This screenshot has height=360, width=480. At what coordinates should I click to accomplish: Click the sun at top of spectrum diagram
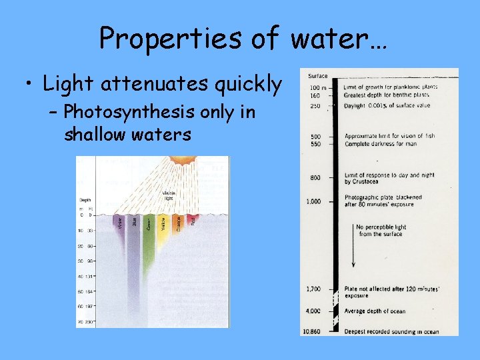coord(180,161)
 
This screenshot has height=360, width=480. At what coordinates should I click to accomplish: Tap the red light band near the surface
coord(193,221)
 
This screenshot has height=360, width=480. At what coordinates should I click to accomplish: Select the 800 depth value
coord(315,177)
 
